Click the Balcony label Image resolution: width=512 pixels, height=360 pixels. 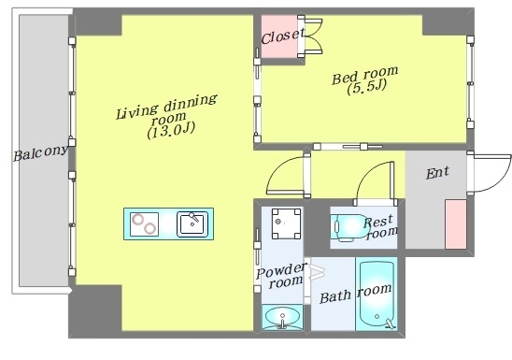tap(41, 153)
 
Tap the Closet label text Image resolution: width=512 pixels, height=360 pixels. tap(283, 36)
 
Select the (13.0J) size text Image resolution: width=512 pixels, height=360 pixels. tap(171, 130)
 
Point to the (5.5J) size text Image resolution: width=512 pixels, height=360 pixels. tap(367, 87)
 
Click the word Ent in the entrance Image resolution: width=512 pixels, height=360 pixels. tap(437, 172)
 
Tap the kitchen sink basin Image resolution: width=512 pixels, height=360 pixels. tap(192, 224)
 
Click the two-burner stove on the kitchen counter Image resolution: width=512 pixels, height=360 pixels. tap(144, 224)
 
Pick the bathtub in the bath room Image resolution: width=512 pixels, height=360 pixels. tap(377, 294)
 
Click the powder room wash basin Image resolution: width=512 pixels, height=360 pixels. tap(282, 317)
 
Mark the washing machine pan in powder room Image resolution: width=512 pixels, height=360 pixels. tap(287, 223)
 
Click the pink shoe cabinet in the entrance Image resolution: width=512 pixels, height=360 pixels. tap(456, 224)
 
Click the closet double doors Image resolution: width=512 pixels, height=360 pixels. tap(314, 36)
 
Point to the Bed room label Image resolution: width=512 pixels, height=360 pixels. tap(365, 76)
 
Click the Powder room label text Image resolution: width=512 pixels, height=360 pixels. tap(281, 275)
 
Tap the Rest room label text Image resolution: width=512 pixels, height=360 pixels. tap(380, 227)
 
